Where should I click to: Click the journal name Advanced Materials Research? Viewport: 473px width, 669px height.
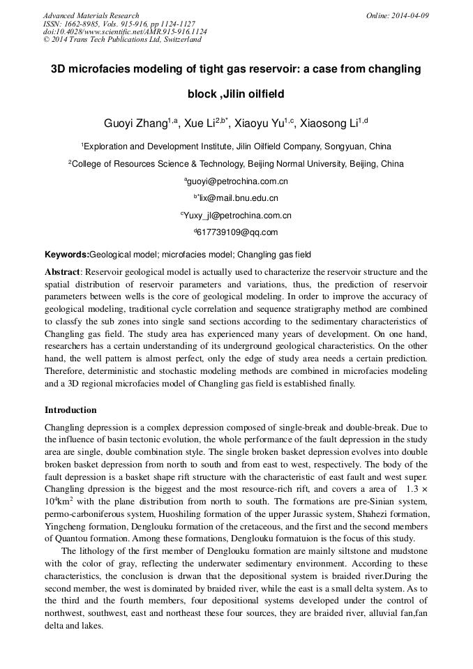click(x=91, y=15)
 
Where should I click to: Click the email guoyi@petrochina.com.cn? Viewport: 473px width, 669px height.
click(x=237, y=181)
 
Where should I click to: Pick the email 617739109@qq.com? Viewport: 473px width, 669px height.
click(x=237, y=233)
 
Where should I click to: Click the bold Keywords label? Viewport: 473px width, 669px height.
click(x=67, y=255)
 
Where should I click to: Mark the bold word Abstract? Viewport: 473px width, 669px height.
click(x=63, y=272)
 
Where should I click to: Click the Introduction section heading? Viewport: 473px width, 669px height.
click(x=70, y=409)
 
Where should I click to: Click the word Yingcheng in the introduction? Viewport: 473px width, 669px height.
click(x=65, y=525)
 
